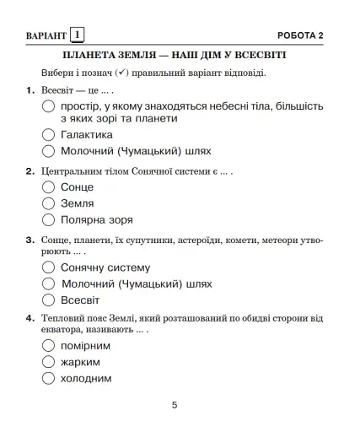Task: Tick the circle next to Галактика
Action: (x=49, y=135)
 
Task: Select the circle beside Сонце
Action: (x=49, y=187)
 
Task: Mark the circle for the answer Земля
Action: (x=49, y=203)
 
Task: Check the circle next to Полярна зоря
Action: (x=49, y=219)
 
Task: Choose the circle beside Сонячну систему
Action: (x=49, y=267)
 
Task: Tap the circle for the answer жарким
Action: (x=49, y=362)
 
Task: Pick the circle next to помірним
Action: (x=49, y=346)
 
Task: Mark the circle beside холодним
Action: (x=49, y=379)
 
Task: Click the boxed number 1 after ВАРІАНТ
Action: (x=77, y=35)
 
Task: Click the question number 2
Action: (x=30, y=171)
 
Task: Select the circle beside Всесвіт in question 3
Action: (x=49, y=300)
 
